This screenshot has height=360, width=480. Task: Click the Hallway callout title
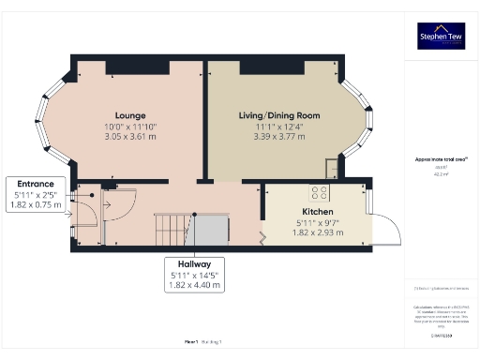coord(195,263)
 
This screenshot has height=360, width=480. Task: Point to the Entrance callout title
coord(36,184)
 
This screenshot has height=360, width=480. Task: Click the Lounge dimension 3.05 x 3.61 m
coord(129,135)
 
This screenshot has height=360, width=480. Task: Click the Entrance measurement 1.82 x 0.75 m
coord(36,204)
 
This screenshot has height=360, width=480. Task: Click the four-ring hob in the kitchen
coord(319,193)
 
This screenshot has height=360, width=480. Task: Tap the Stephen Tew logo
coord(440,37)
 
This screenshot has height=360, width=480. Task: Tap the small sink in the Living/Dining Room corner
coord(332,169)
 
